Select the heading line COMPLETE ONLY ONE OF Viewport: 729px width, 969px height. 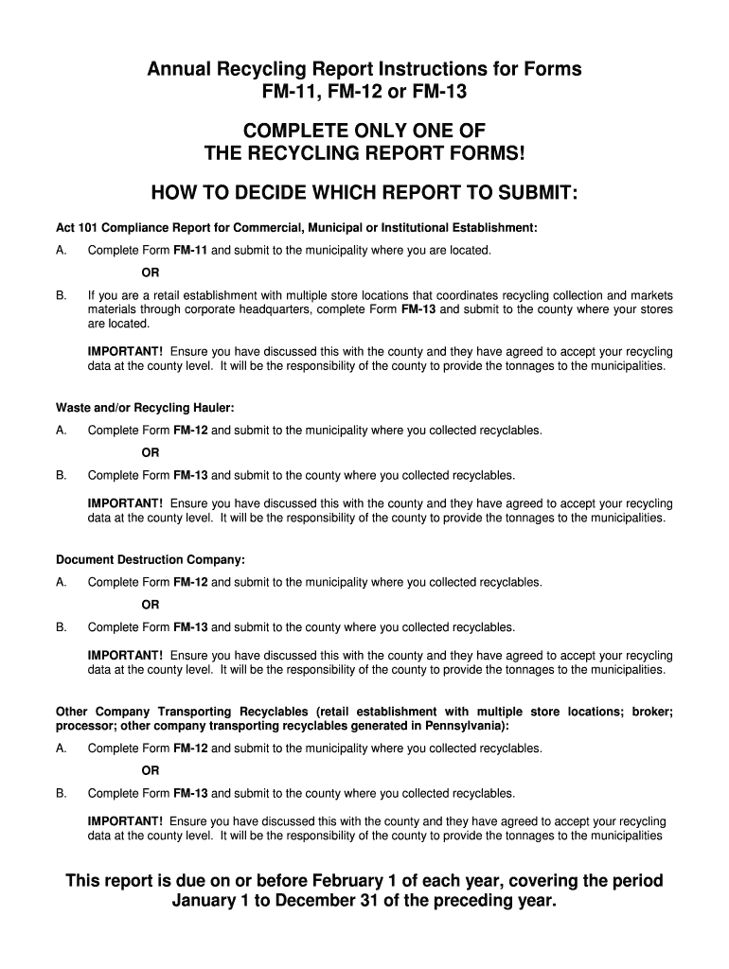(x=364, y=131)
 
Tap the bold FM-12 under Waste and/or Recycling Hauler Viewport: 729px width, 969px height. (x=190, y=431)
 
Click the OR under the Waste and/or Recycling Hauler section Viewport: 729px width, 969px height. (x=151, y=453)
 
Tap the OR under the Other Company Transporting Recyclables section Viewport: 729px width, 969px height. (x=151, y=771)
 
